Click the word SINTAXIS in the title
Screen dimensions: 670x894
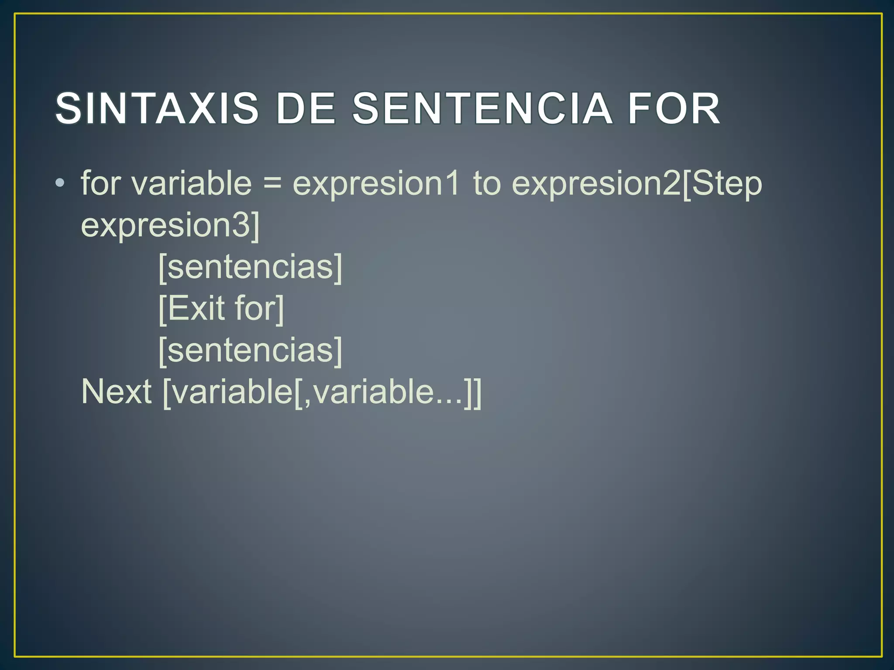click(157, 109)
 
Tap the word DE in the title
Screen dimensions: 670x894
click(306, 109)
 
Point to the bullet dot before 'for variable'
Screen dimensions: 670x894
click(60, 183)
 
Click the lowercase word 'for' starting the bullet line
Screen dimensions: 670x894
click(101, 183)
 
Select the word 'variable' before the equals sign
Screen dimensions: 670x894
click(192, 183)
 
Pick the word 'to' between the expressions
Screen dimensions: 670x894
click(487, 183)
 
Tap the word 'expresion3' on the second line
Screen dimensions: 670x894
click(166, 225)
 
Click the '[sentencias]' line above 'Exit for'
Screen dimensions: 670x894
click(250, 267)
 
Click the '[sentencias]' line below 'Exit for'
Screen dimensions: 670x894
click(250, 350)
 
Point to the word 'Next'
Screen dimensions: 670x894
click(117, 392)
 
